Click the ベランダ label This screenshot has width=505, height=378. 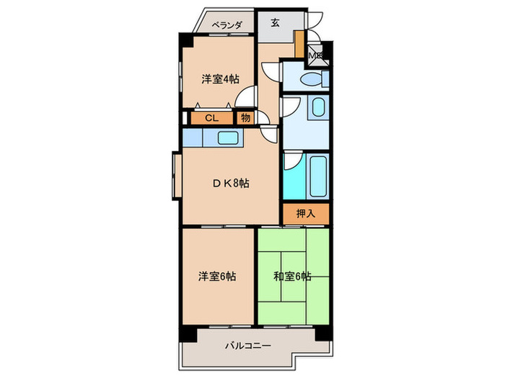(x=226, y=24)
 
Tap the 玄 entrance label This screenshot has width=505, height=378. (x=276, y=22)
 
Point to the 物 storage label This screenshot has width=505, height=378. (x=245, y=117)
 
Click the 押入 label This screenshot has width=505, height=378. (x=306, y=213)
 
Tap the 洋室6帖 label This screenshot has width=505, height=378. (x=217, y=276)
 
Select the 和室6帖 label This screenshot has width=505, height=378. (x=292, y=276)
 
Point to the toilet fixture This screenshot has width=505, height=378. (x=312, y=79)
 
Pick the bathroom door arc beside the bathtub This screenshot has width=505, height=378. (x=290, y=160)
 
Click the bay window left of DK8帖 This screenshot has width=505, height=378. (x=176, y=172)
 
